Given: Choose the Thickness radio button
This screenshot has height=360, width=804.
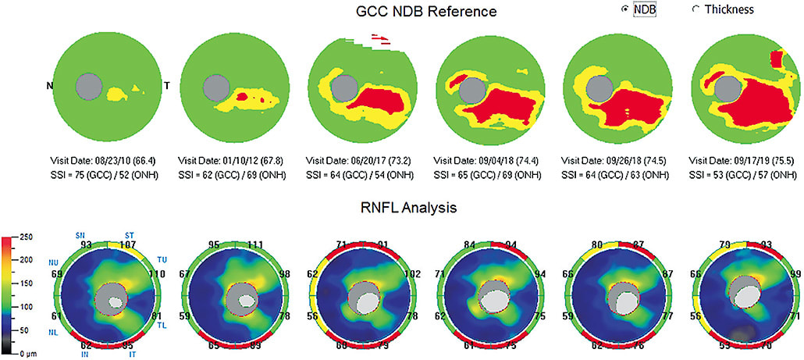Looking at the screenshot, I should pos(695,9).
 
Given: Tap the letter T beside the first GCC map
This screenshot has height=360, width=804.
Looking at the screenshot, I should pos(166,84).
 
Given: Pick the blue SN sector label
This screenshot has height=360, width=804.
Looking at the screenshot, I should pos(80,233).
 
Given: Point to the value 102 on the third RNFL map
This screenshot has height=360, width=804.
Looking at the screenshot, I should pos(411,274).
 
